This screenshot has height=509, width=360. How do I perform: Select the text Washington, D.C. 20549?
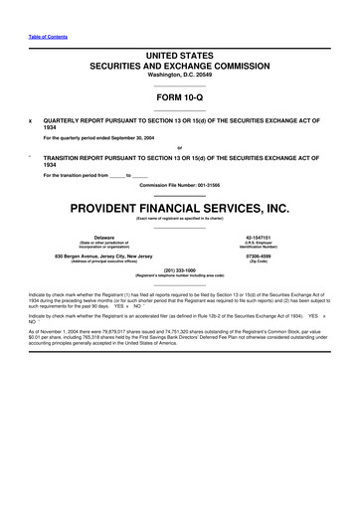[180, 75]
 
